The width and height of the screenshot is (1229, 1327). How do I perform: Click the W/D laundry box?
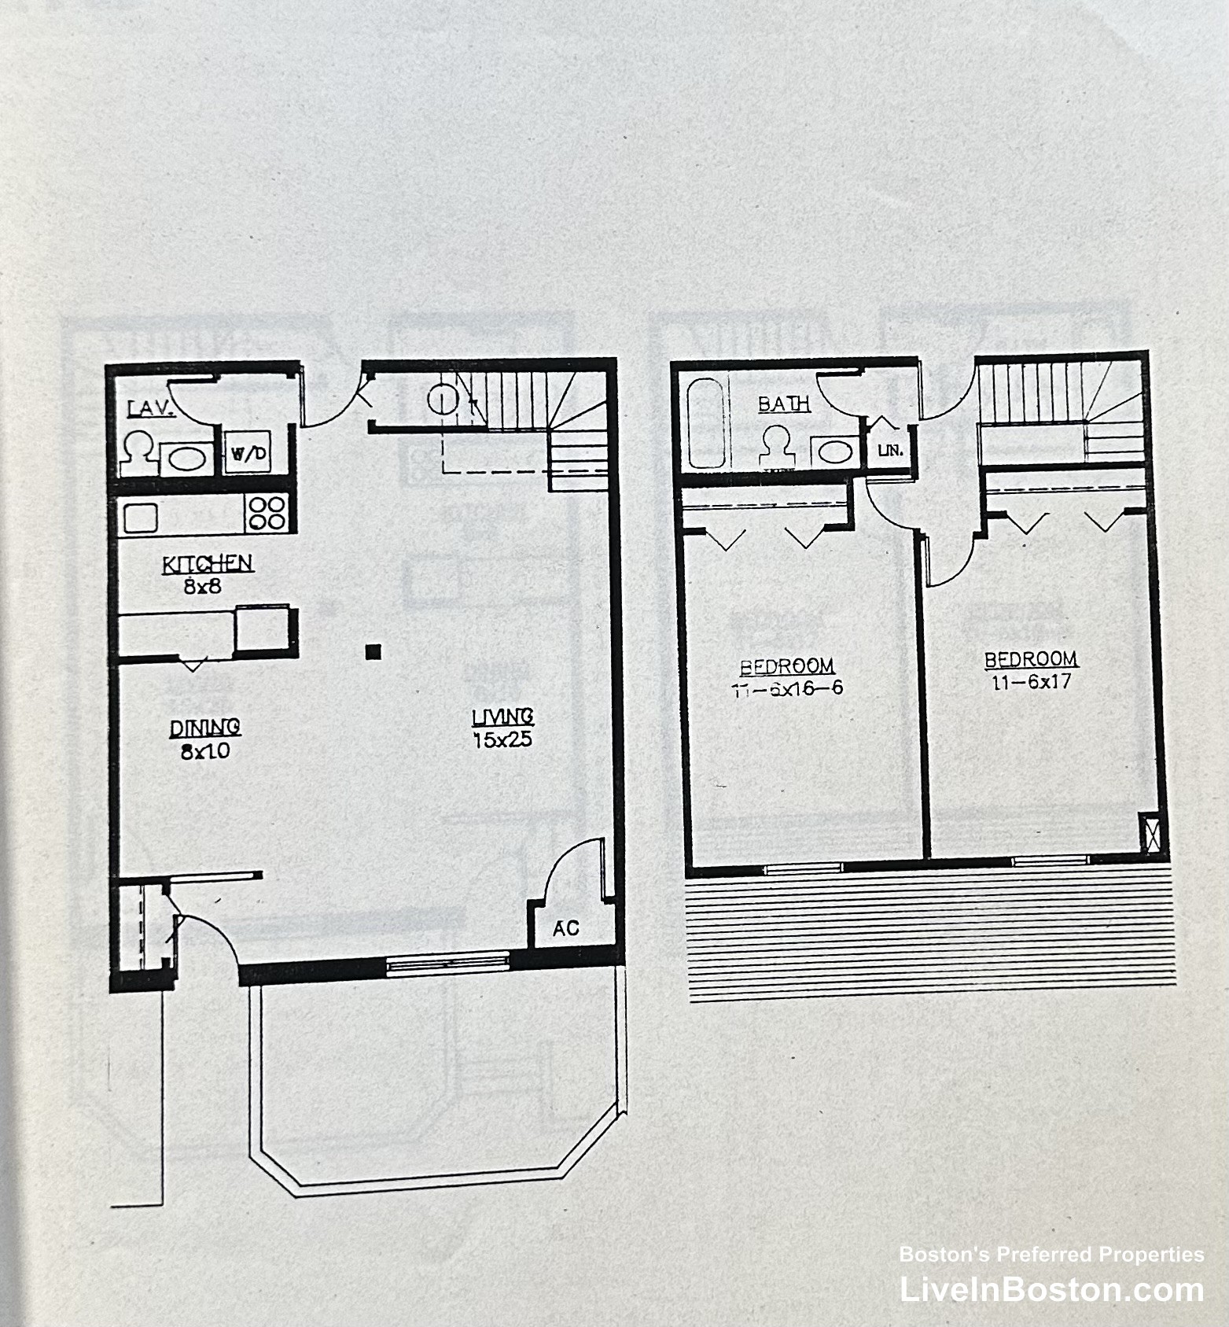click(x=248, y=453)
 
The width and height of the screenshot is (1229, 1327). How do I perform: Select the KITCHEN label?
click(x=208, y=564)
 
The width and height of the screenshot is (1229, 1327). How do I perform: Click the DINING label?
click(x=205, y=728)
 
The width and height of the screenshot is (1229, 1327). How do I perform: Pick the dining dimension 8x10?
click(x=205, y=751)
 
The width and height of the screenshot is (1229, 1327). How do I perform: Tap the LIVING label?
click(x=503, y=717)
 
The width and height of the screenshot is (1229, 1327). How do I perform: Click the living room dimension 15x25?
click(x=503, y=739)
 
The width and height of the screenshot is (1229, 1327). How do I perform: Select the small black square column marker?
click(x=373, y=651)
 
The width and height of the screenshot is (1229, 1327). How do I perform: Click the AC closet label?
click(x=565, y=929)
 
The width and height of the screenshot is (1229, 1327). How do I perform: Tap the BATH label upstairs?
click(x=784, y=404)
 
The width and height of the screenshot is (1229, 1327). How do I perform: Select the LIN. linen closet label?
click(x=889, y=452)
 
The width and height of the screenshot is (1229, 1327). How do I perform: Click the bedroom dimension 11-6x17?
click(x=1031, y=682)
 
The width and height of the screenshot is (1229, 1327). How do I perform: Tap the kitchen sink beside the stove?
click(x=140, y=518)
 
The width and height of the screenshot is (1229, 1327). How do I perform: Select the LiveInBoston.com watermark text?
click(x=1051, y=1290)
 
